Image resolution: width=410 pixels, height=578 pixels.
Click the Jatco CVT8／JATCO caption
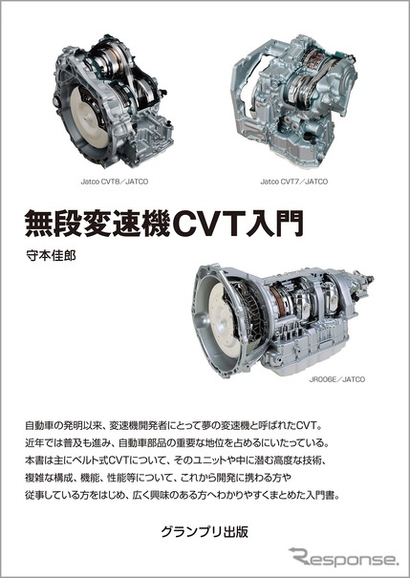coord(115,182)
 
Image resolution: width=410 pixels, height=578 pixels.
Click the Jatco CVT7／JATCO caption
coord(293,182)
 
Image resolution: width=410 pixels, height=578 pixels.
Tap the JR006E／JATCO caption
coord(337,379)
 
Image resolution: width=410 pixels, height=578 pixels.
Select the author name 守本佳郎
coord(51,255)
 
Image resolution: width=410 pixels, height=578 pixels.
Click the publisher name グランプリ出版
coord(205,532)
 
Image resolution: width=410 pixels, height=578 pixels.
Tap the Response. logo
coord(344,556)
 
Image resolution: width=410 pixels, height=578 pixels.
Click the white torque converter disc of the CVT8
coord(90,118)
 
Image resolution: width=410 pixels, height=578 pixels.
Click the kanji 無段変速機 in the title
coord(97,224)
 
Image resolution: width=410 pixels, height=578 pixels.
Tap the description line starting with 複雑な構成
coord(159,478)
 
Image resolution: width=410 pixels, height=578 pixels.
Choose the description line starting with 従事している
coord(183,495)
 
